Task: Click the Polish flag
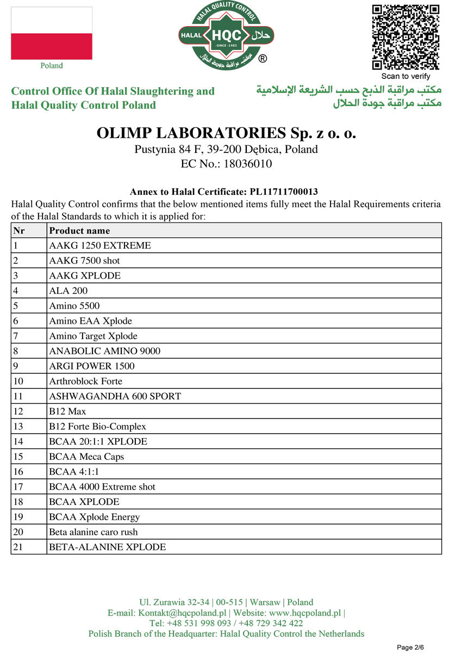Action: (x=52, y=33)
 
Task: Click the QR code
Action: (x=406, y=37)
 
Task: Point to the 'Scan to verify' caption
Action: (x=406, y=76)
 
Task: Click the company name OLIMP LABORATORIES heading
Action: (x=226, y=133)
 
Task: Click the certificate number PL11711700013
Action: (x=283, y=192)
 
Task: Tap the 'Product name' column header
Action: (x=79, y=231)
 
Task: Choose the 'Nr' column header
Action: (x=19, y=231)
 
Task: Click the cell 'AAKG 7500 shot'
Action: (x=84, y=261)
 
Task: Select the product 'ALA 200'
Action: (x=68, y=291)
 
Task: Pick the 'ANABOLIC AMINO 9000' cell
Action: (x=104, y=351)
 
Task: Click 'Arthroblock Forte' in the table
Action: (x=85, y=381)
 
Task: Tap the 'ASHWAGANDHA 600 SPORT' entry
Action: (x=115, y=396)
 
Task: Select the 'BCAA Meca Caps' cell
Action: (x=86, y=457)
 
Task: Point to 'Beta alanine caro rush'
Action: (x=93, y=532)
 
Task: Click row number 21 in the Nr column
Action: (x=17, y=547)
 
